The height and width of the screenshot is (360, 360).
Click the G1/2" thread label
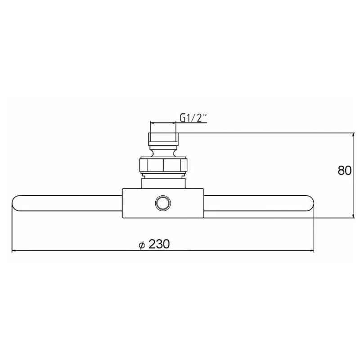point(193,118)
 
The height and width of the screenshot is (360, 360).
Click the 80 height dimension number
point(344,171)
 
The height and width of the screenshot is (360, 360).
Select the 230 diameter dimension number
point(159,244)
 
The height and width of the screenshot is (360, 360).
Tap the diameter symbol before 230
point(142,245)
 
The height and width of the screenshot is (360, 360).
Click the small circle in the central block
point(163,203)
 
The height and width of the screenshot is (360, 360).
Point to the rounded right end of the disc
point(311,203)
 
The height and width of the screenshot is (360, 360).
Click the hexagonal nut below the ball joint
point(163,165)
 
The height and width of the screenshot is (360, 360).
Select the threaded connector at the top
point(163,139)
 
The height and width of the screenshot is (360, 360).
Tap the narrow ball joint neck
point(163,152)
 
